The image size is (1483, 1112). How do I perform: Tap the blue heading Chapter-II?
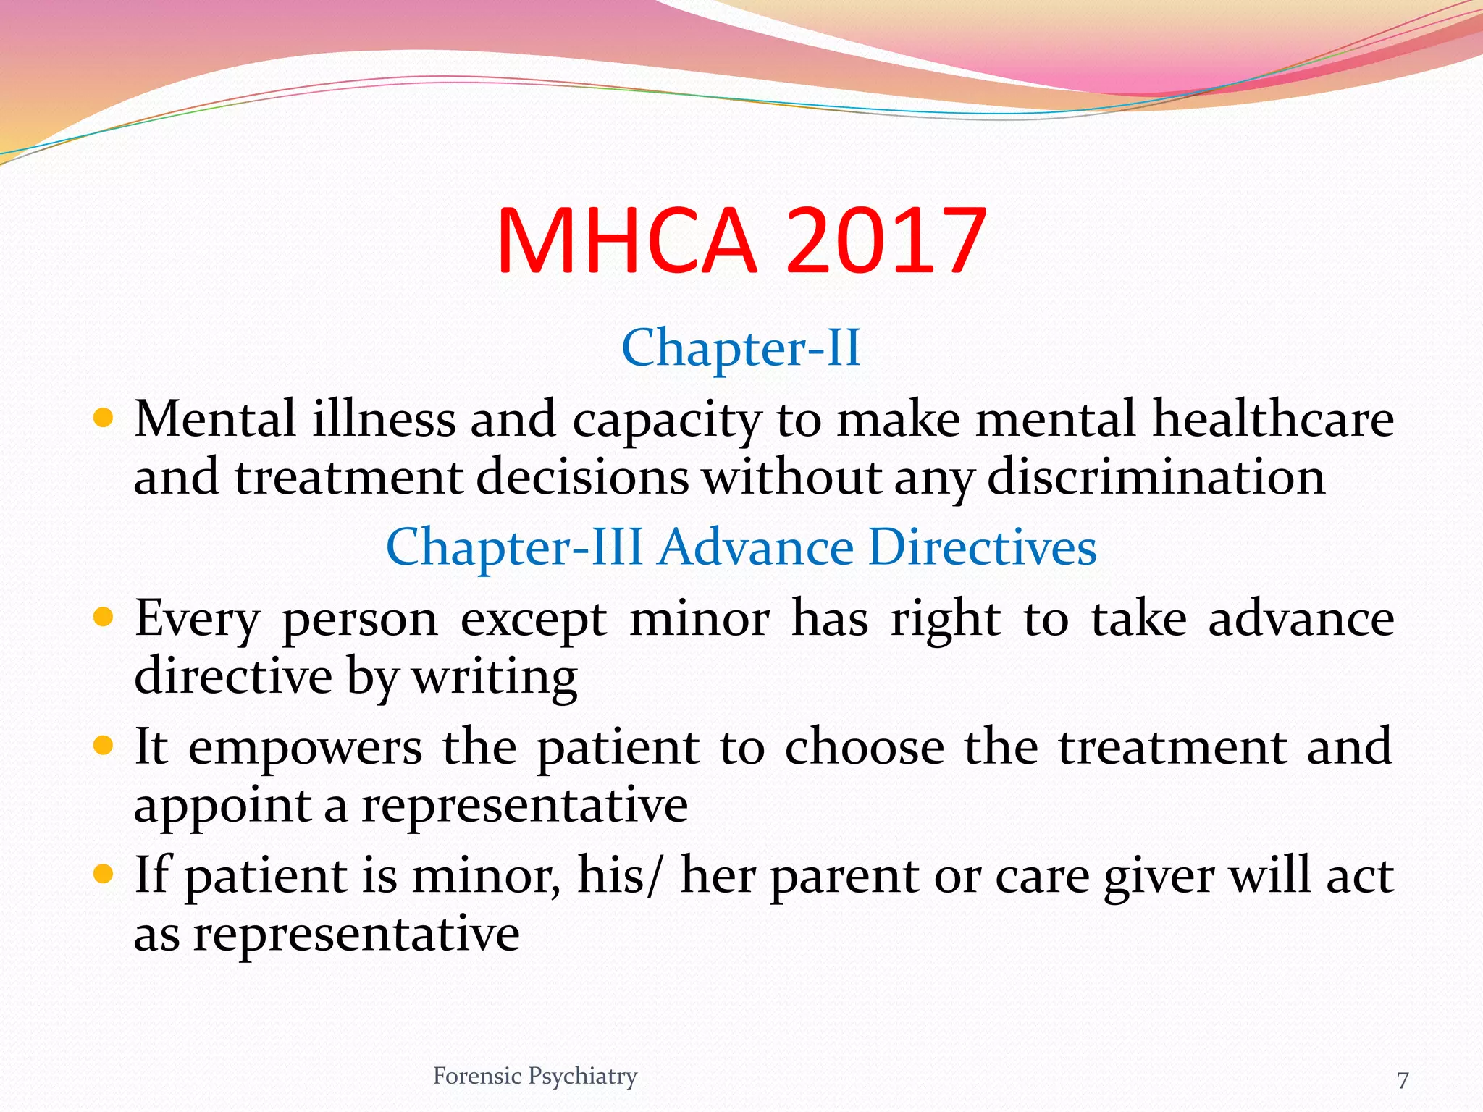tap(741, 348)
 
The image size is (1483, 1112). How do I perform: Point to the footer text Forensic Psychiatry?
tap(534, 1077)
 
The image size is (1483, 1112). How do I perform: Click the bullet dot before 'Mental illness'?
tap(104, 418)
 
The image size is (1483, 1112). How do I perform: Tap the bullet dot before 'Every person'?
tap(104, 618)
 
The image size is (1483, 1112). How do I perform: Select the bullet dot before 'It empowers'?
tap(104, 746)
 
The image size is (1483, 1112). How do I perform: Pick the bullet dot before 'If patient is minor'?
tap(104, 875)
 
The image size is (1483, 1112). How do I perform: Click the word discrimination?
tap(1156, 478)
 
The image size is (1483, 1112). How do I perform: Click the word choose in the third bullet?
tap(865, 748)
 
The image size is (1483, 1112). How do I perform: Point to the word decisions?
tap(581, 478)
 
